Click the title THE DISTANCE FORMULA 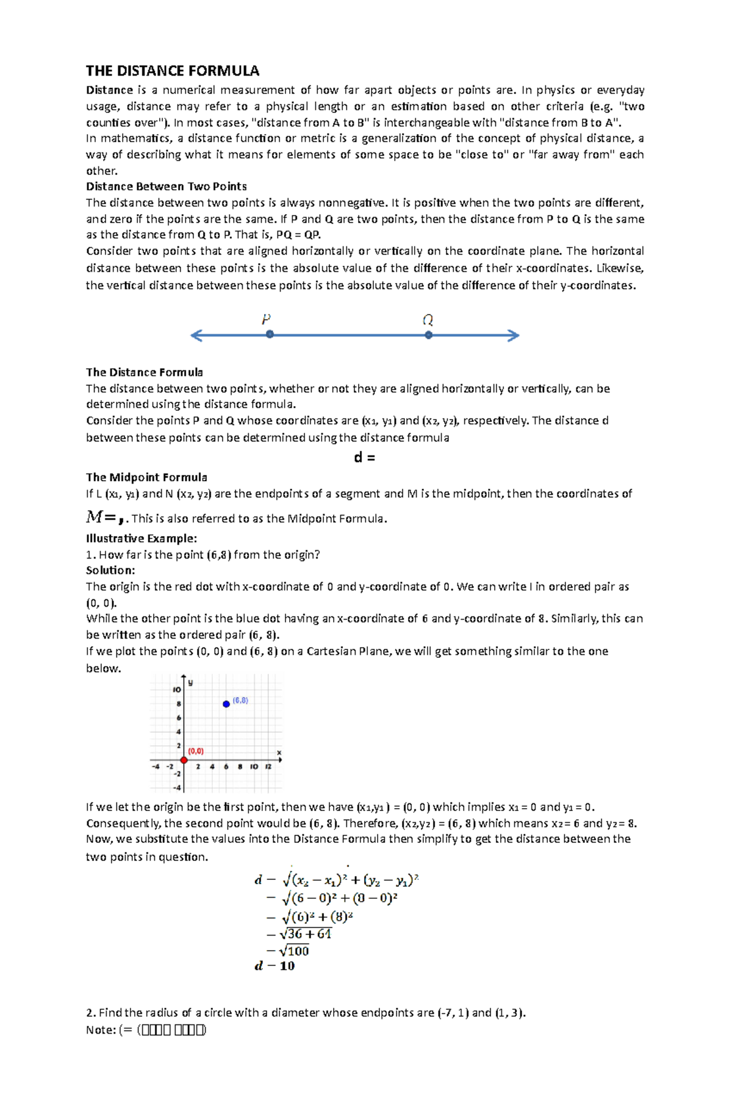tap(173, 71)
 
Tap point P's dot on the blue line tap(270, 334)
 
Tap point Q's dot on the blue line tap(429, 335)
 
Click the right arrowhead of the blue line tap(514, 335)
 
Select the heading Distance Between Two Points tap(166, 187)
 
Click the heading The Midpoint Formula tap(146, 477)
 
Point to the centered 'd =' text tap(364, 457)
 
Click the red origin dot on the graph tap(184, 760)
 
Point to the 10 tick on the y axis tap(177, 690)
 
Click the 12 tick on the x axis tap(268, 767)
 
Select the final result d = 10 tap(274, 966)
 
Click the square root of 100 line tap(288, 951)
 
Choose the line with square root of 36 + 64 tap(299, 934)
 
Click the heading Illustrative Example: tap(142, 538)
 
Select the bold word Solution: tap(110, 570)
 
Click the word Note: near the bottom tap(101, 1030)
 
